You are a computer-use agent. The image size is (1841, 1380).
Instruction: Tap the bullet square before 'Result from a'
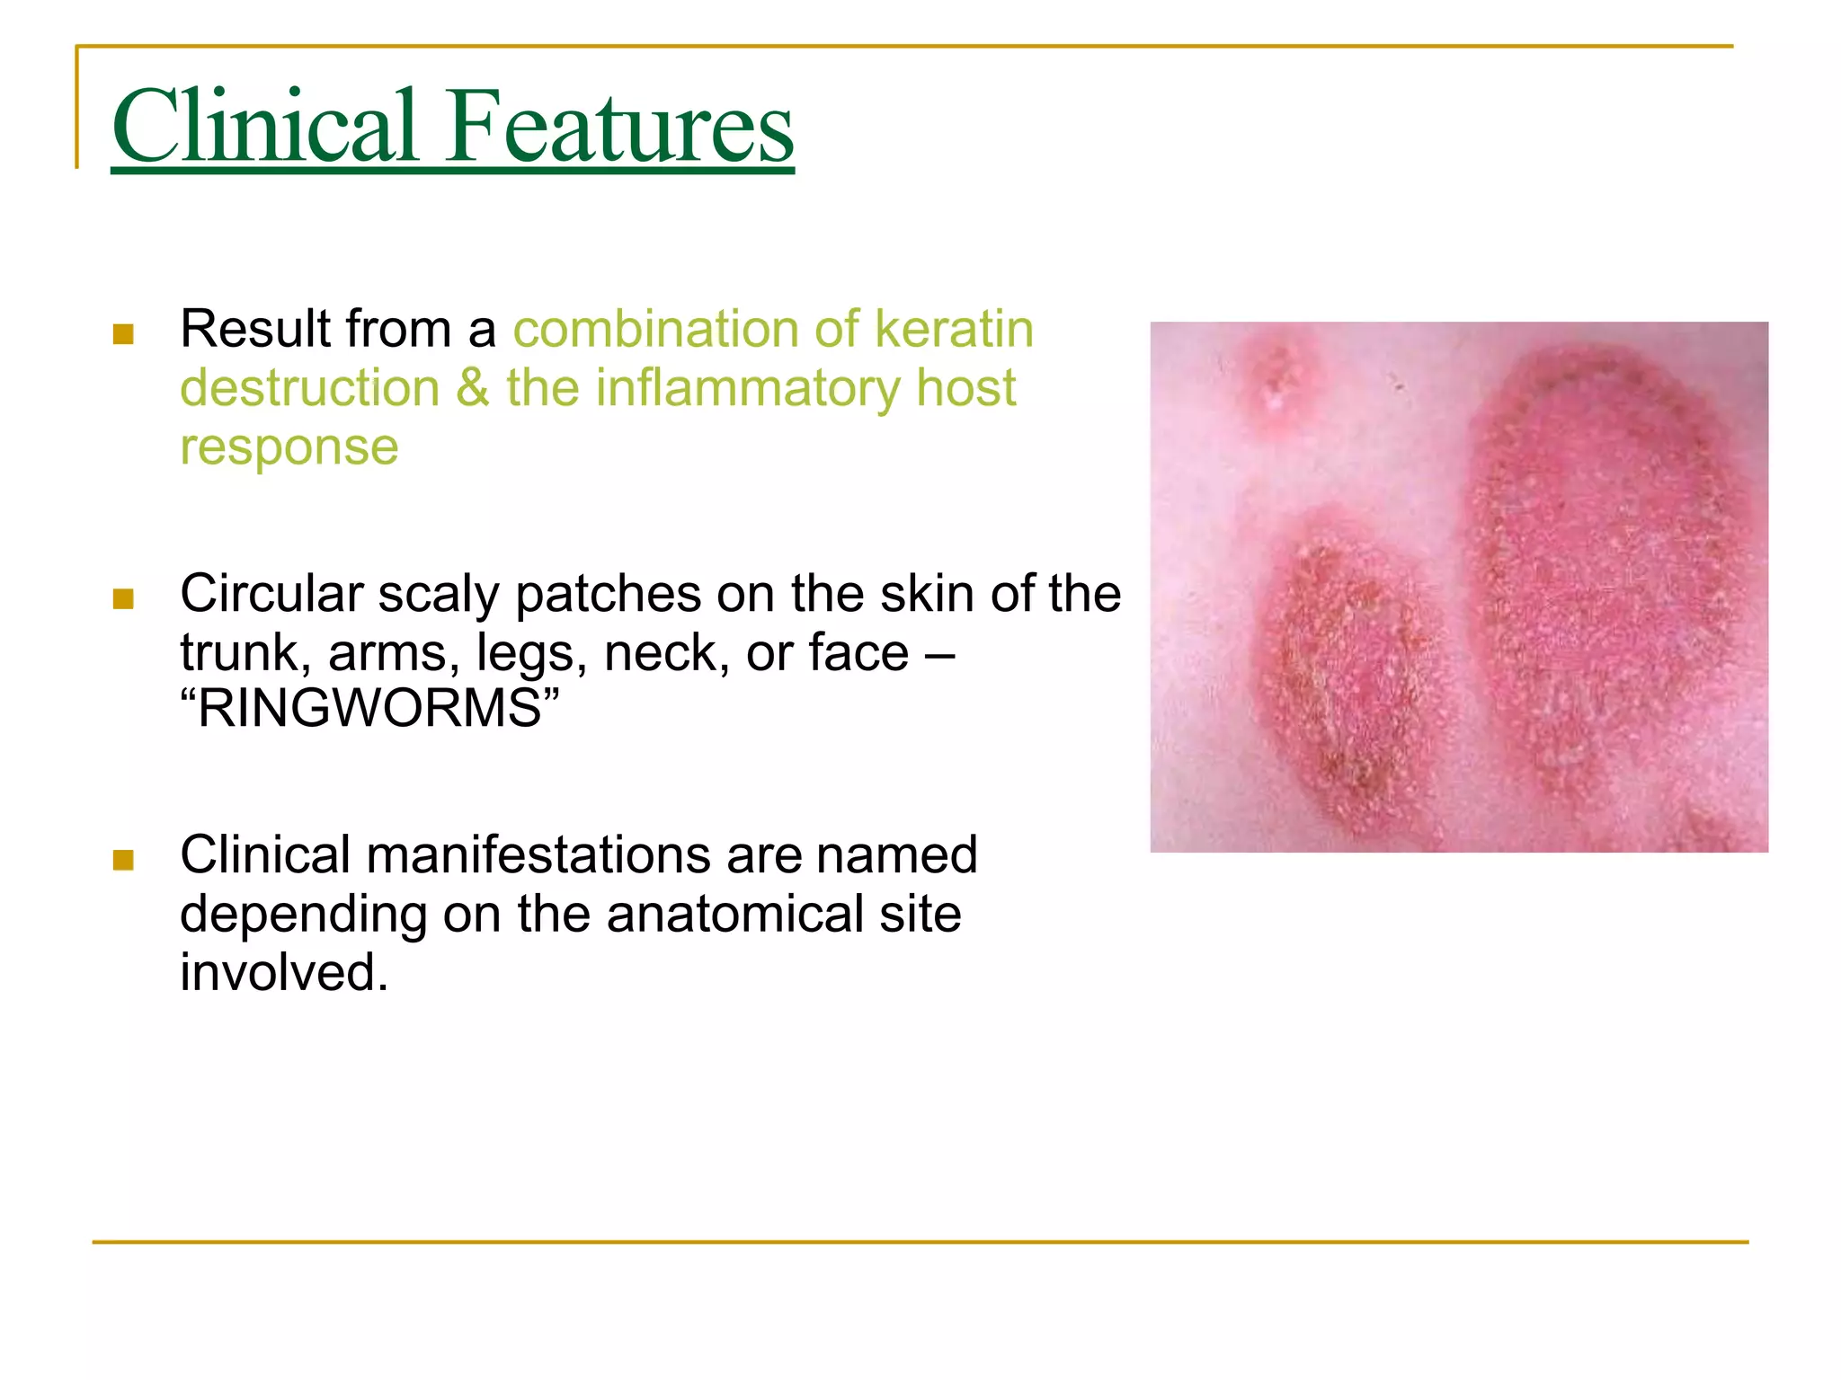click(123, 334)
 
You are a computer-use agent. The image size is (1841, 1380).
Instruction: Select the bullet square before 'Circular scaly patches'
click(123, 598)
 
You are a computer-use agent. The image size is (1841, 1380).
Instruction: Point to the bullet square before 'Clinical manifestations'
click(123, 860)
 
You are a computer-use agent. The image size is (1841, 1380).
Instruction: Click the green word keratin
click(954, 329)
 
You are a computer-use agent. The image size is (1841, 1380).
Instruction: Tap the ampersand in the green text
click(473, 388)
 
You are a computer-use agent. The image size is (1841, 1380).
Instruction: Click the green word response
click(289, 447)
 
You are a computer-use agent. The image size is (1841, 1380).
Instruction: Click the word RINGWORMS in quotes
click(369, 708)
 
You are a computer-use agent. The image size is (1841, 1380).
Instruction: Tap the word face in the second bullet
click(858, 652)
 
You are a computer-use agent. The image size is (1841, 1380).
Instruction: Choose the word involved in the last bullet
click(283, 972)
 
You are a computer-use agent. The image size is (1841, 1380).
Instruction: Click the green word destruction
click(309, 388)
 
